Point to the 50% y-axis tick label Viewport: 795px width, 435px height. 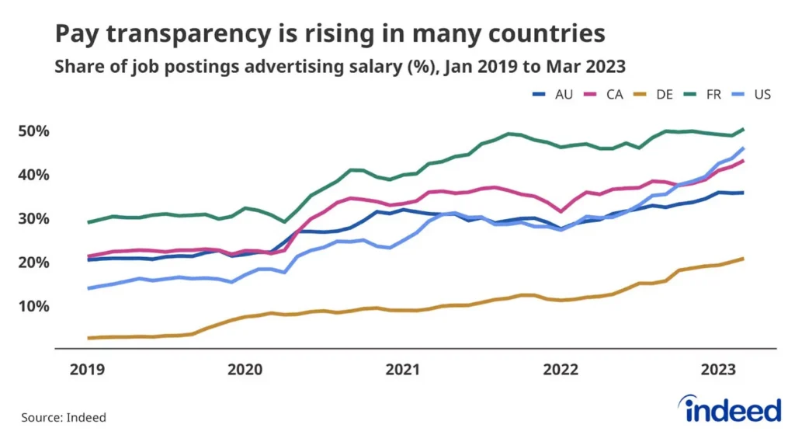tap(33, 131)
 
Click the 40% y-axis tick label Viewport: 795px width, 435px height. tap(33, 176)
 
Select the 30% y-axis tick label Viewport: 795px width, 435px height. tap(33, 219)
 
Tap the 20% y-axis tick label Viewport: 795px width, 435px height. tap(33, 263)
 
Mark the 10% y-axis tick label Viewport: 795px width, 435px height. tap(33, 306)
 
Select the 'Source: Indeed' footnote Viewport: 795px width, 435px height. tap(64, 417)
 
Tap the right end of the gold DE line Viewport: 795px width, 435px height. tap(744, 258)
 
